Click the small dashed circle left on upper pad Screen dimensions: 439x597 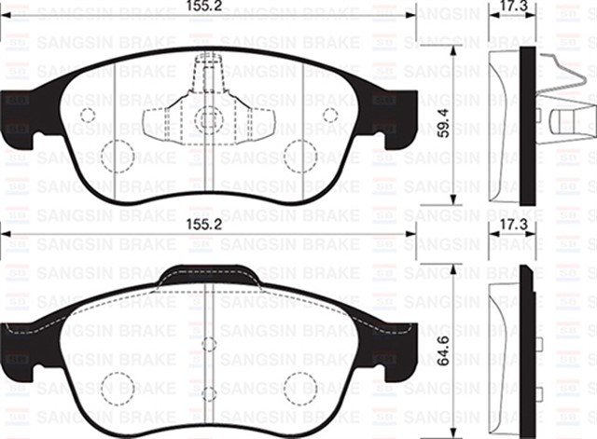coord(88,115)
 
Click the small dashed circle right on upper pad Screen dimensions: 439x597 coord(329,115)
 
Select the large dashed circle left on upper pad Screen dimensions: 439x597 coord(117,155)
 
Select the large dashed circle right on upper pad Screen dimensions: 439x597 coord(300,155)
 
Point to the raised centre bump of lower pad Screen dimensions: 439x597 coord(209,275)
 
